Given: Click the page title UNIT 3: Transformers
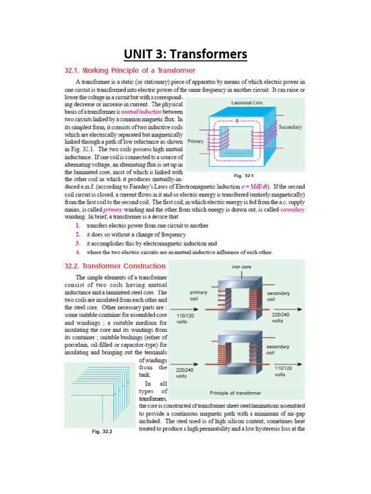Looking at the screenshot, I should click(185, 54).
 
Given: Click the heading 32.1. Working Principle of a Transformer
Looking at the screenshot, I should click(130, 70).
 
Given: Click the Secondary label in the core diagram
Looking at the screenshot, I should click(290, 127).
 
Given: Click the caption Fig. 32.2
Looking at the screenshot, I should click(102, 431).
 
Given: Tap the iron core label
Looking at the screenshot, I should click(242, 267).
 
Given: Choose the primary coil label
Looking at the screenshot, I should click(199, 295).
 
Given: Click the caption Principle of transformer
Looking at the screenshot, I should click(235, 393).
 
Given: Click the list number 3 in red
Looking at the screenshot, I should click(78, 244).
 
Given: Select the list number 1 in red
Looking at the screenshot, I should click(78, 225).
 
